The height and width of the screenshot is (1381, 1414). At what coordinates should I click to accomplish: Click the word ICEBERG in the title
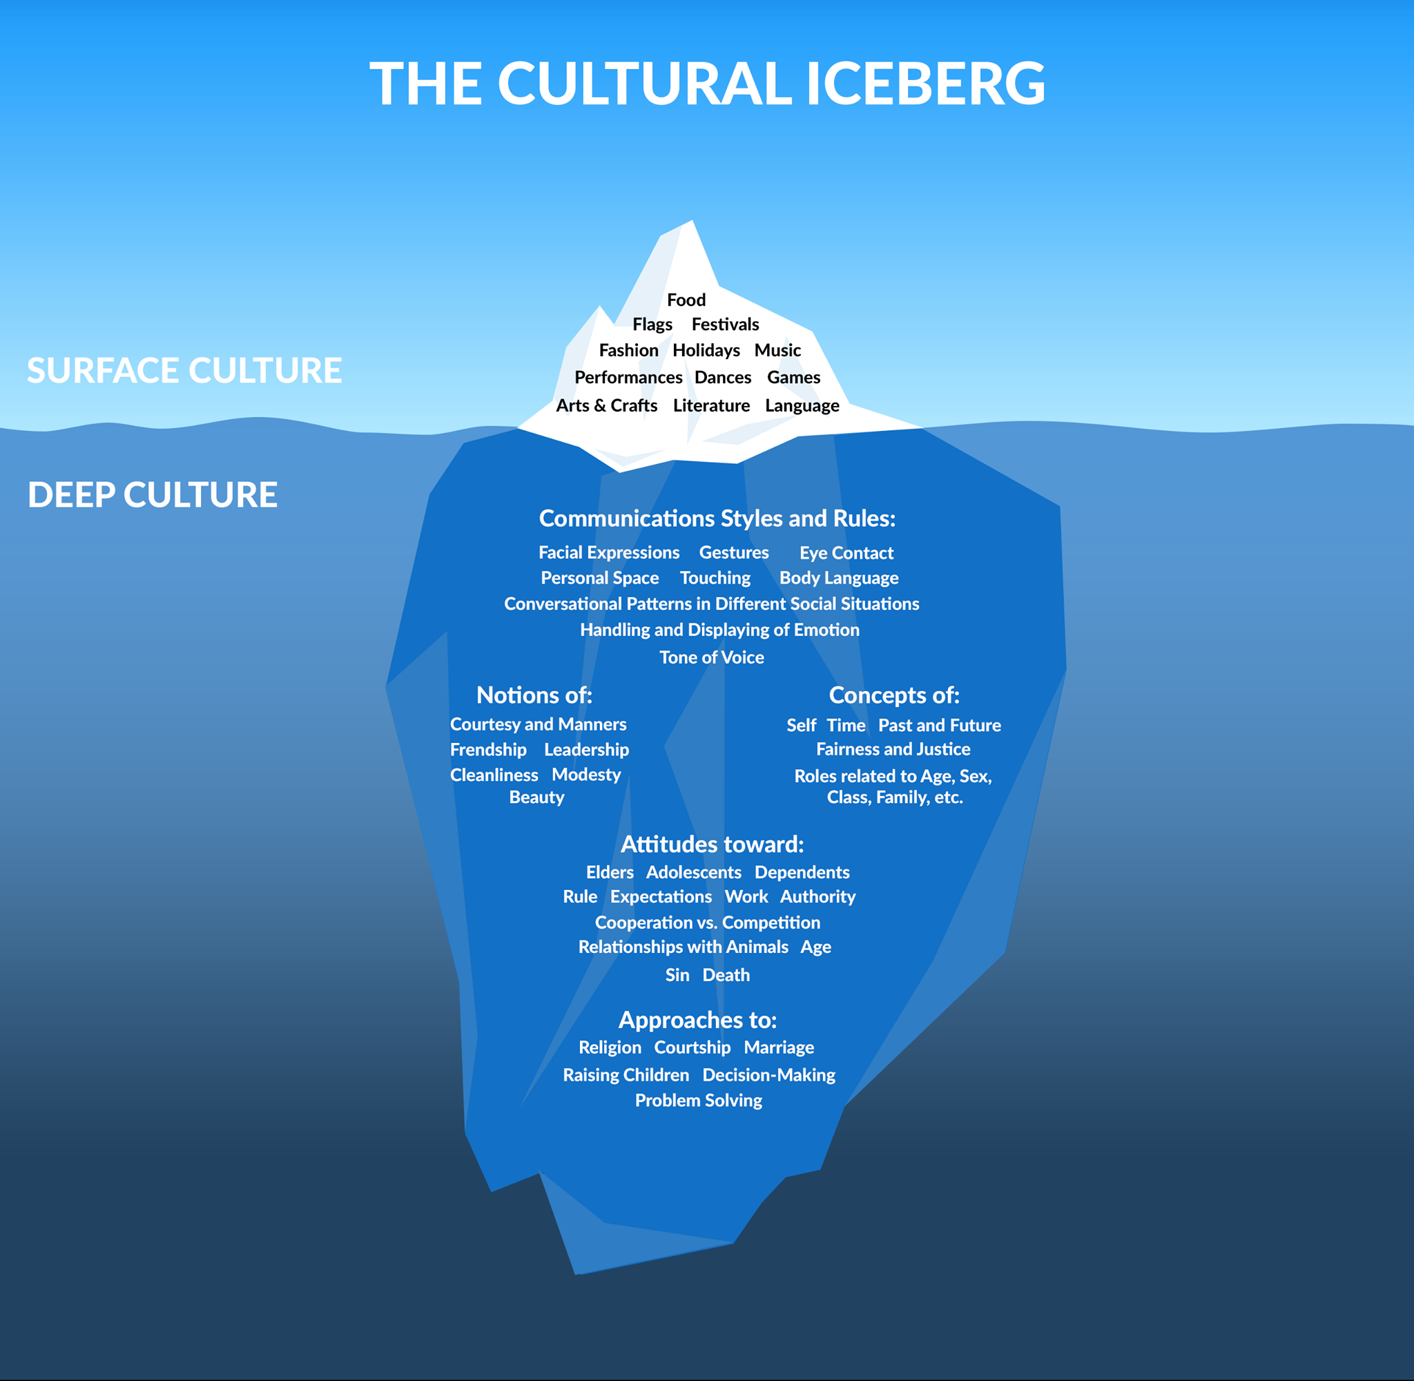(925, 83)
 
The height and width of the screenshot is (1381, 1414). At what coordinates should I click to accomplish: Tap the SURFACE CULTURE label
(184, 370)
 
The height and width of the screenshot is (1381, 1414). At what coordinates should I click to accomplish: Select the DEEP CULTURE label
(153, 494)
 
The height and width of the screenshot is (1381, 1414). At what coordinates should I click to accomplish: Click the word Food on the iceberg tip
(686, 300)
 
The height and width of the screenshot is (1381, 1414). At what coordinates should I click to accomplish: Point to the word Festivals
(725, 325)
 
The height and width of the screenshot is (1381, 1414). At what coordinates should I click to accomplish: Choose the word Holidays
(706, 350)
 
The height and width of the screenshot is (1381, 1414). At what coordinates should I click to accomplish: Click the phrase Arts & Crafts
(607, 405)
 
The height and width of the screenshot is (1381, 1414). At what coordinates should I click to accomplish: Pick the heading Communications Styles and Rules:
(717, 518)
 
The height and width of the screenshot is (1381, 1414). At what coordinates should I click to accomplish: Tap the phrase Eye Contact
(846, 552)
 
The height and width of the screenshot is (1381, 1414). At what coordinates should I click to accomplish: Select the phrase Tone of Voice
(711, 657)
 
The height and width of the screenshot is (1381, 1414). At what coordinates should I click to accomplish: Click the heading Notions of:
(534, 695)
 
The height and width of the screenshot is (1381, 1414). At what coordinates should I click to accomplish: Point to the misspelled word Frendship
(488, 749)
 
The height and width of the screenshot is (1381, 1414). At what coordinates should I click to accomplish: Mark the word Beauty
(536, 797)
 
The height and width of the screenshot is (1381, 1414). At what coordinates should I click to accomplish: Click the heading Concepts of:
(894, 695)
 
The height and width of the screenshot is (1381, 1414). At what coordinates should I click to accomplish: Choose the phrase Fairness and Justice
(893, 749)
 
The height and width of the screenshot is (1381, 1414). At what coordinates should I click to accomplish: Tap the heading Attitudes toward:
(712, 844)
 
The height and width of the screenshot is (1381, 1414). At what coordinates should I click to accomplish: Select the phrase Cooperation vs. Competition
(708, 922)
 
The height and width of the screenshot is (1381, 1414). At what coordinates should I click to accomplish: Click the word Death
(726, 975)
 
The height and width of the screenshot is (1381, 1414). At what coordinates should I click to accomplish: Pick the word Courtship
(693, 1047)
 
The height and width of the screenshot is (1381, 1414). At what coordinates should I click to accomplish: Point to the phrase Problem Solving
(698, 1100)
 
